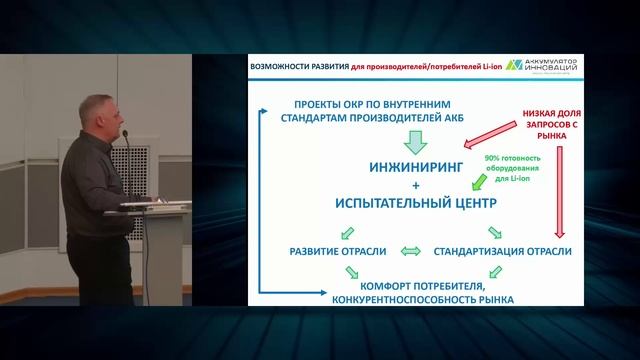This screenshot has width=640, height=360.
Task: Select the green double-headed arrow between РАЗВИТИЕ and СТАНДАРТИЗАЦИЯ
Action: coord(410,250)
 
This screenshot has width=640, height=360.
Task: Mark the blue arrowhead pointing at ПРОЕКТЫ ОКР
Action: coord(279,105)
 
